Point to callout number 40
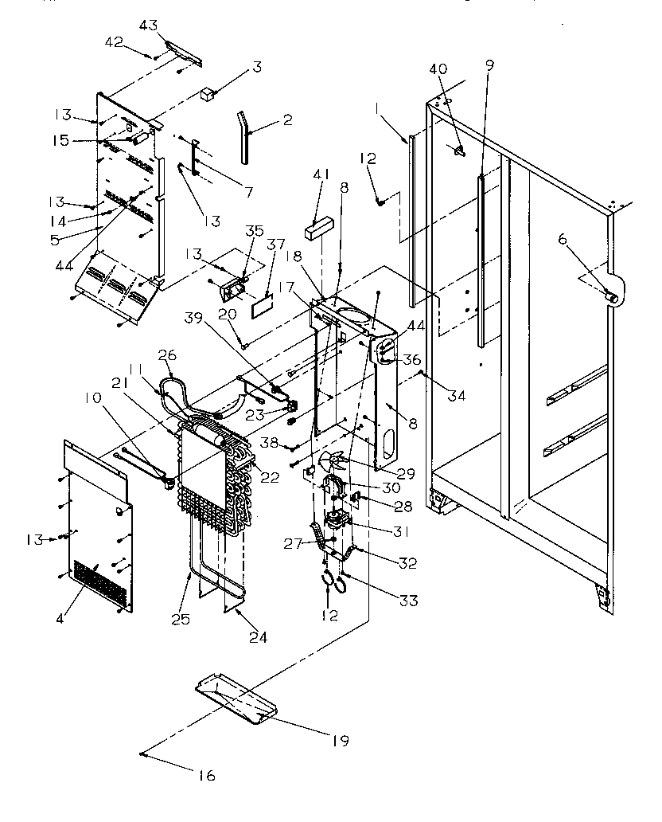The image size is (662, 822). tap(438, 68)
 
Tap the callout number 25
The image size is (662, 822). tap(183, 618)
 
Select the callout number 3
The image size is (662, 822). tap(256, 67)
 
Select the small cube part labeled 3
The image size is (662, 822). tap(210, 95)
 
